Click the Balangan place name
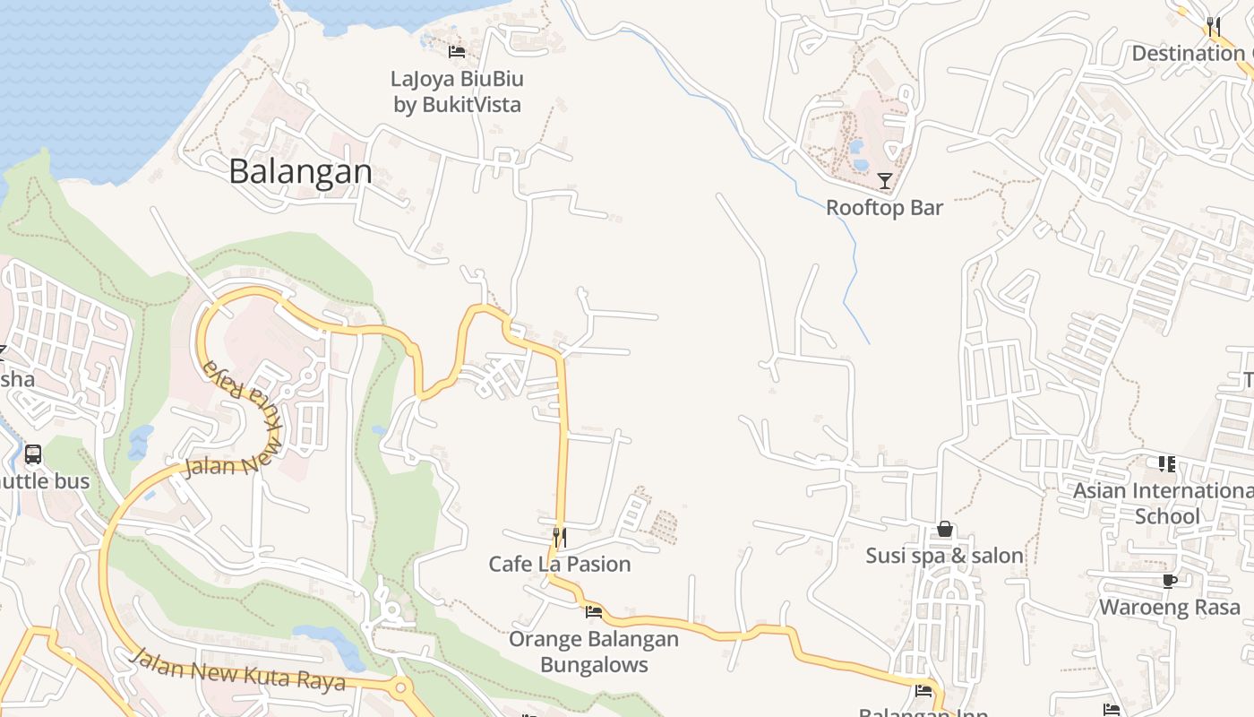tap(300, 171)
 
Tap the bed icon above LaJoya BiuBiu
tap(457, 51)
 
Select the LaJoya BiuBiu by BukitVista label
tap(457, 91)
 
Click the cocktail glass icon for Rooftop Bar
tap(885, 181)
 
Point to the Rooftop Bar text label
tap(884, 208)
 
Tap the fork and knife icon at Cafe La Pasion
tap(559, 537)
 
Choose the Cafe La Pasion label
tap(559, 564)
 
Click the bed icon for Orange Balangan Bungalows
tap(593, 612)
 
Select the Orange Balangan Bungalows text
tap(594, 652)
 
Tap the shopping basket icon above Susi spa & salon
tap(944, 529)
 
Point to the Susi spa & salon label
tap(944, 556)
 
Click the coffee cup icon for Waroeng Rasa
tap(1169, 581)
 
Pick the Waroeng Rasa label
tap(1169, 607)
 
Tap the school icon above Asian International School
tap(1166, 463)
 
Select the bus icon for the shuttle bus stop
tap(33, 454)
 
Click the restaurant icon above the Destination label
tap(1214, 26)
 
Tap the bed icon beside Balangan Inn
tap(923, 691)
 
